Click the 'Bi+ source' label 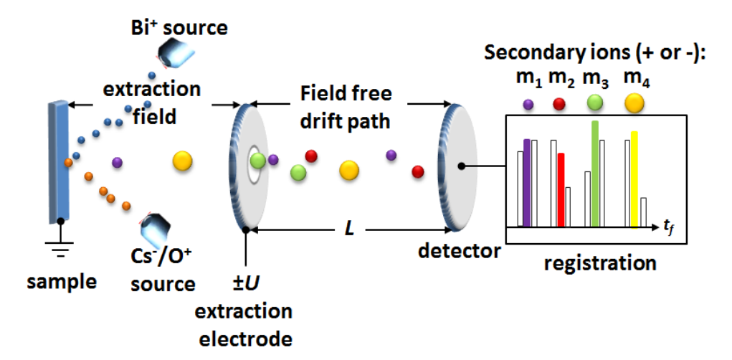point(176,29)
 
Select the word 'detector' point(460,251)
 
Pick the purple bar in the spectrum point(528,182)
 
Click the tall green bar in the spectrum point(594,173)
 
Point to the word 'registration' point(600,262)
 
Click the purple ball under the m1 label point(528,104)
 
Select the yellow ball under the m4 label point(634,105)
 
